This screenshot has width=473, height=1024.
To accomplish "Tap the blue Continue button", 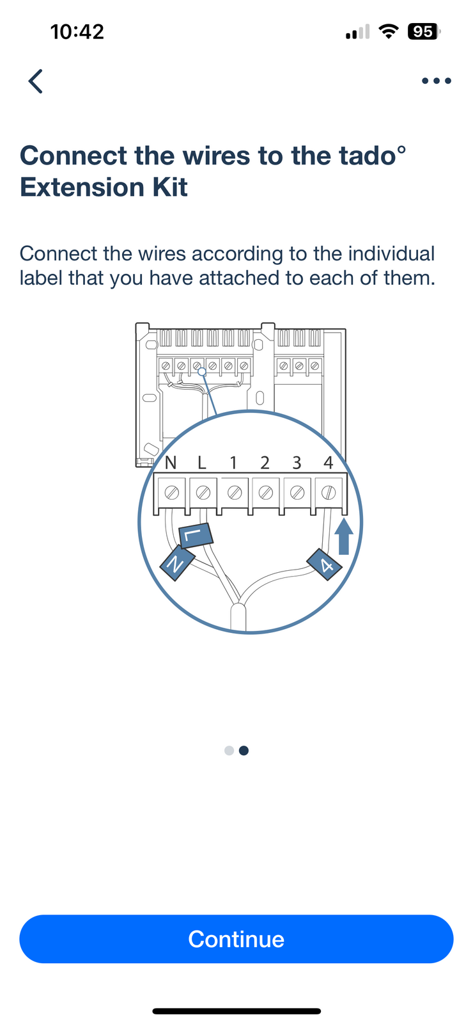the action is click(x=236, y=939).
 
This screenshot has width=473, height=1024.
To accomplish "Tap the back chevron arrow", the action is click(x=36, y=81).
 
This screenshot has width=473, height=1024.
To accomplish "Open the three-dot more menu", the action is click(x=437, y=81).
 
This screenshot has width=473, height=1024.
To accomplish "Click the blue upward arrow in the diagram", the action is click(x=344, y=536).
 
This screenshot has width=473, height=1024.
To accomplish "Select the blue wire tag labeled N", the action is click(x=177, y=563).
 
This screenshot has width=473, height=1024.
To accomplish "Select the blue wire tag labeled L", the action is click(x=196, y=535).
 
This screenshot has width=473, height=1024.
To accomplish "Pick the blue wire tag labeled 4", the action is click(x=325, y=564).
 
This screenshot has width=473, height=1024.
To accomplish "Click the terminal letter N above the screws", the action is click(x=170, y=463).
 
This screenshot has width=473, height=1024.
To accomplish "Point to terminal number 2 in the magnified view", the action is click(x=265, y=463).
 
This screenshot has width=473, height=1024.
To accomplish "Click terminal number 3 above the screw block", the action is click(x=297, y=463).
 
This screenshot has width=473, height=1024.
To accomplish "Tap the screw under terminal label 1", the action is click(x=235, y=492).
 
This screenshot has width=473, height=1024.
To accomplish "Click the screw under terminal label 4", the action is click(x=329, y=492).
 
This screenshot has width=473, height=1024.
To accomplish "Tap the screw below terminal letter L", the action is click(x=203, y=492).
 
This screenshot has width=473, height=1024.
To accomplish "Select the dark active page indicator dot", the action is click(x=244, y=751).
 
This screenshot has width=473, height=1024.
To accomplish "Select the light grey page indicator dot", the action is click(x=229, y=751).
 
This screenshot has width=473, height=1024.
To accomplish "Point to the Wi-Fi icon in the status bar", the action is click(x=388, y=31).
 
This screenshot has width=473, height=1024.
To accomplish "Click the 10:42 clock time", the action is click(x=77, y=32).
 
